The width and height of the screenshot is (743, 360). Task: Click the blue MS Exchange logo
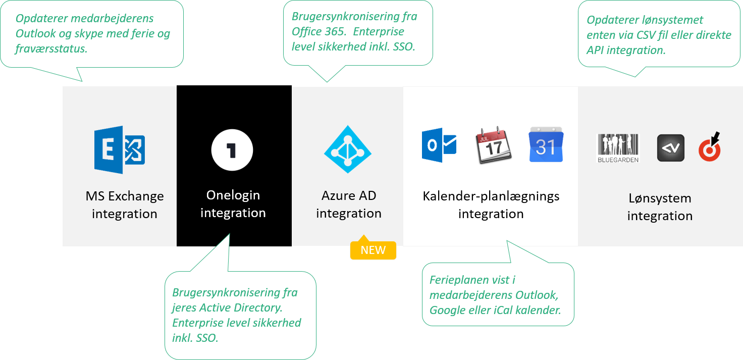(x=120, y=150)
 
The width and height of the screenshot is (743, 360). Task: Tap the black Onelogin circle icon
(x=232, y=150)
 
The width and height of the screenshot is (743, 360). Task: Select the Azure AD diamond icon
(x=347, y=149)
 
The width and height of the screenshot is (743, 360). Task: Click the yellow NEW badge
(x=373, y=250)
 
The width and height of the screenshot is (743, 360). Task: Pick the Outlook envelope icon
(x=439, y=145)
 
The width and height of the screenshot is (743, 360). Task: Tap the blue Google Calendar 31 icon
(x=546, y=145)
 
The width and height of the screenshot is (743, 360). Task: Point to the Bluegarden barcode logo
(x=618, y=148)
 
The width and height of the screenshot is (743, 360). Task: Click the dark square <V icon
(x=670, y=148)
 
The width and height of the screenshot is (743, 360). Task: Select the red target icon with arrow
(x=710, y=147)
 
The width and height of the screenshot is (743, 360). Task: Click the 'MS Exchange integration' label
(x=125, y=204)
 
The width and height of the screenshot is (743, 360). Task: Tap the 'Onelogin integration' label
(x=233, y=204)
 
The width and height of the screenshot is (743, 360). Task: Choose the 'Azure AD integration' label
(x=349, y=204)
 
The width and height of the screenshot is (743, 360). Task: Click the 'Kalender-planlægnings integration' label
(x=491, y=204)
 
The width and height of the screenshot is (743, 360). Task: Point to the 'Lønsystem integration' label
(x=660, y=207)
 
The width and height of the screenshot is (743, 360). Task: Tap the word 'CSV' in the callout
(x=649, y=35)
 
